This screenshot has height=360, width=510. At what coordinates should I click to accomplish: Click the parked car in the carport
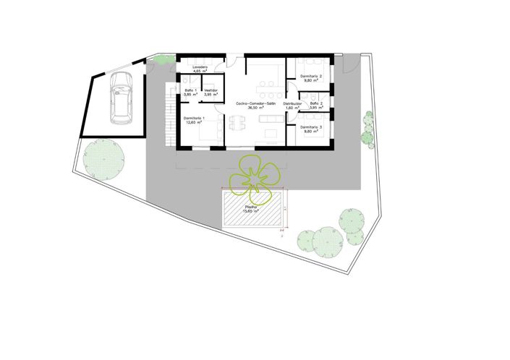coord(118,102)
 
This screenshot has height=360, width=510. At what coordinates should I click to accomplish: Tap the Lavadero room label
coord(200,67)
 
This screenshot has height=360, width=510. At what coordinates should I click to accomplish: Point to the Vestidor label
coord(211,90)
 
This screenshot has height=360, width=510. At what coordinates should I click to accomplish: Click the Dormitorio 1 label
coord(194,118)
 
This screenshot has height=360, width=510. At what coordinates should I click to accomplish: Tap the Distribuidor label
coord(292,104)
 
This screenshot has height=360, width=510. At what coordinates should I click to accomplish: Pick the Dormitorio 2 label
coord(312,76)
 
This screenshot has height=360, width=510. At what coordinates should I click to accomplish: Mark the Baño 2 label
coord(316,104)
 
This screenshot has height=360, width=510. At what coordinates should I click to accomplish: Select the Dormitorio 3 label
coord(312,127)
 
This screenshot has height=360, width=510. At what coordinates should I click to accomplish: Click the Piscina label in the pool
coord(252,207)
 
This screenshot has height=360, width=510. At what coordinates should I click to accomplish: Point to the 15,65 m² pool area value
coord(252,212)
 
